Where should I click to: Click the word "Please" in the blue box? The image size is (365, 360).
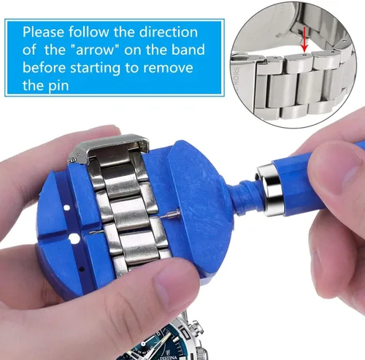coord(43,32)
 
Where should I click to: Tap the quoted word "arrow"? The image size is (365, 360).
coord(96,50)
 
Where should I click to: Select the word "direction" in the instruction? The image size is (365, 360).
coord(168,32)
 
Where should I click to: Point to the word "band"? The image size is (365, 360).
coord(188,50)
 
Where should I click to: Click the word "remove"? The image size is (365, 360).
coord(168,68)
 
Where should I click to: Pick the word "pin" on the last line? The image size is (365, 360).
coord(58,86)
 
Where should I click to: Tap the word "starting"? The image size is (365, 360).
coord(96,68)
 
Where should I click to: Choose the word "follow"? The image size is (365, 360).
coord(89,32)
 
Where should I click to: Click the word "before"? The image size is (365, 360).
coord(44,67)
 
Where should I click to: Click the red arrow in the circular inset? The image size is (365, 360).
coord(304,39)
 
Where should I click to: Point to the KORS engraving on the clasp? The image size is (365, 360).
coord(236,75)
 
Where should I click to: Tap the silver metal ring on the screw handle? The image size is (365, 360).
coord(269,190)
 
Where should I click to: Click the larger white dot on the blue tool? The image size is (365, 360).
coord(74,238)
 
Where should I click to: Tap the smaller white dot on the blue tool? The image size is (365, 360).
coord(66,208)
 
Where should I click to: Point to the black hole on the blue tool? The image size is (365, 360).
coord(82,269)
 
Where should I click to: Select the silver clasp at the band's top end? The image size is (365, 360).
coord(108,148)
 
